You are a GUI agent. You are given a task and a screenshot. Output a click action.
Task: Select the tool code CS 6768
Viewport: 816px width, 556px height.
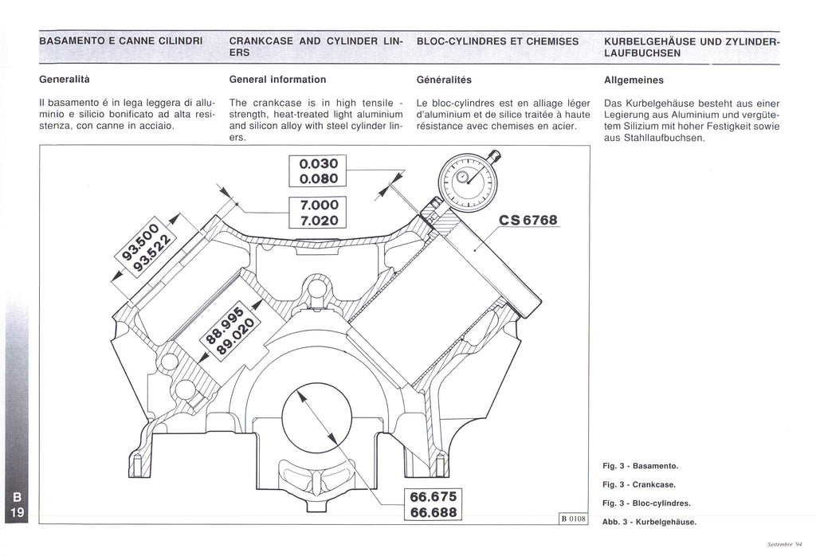point(528,221)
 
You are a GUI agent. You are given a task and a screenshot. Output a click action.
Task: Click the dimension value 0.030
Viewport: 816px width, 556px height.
point(318,164)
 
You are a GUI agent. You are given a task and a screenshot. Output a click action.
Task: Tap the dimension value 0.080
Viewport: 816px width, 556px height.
point(318,178)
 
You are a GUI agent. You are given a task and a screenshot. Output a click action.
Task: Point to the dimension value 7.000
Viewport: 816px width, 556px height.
point(318,204)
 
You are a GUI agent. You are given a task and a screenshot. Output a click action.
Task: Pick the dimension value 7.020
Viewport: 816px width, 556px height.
point(318,219)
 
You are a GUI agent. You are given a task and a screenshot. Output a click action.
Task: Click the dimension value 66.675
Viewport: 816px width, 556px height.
point(433,497)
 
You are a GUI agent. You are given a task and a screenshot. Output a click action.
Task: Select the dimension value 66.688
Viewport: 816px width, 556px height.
point(433,512)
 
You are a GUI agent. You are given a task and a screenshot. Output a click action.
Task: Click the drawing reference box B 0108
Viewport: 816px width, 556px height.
point(573,519)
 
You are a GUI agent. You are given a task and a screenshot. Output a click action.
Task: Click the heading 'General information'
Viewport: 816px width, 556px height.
point(277,80)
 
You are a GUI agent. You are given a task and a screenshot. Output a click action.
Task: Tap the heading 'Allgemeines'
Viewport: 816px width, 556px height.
point(634,80)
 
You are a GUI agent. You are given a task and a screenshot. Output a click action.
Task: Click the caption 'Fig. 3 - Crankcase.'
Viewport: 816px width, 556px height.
point(638,484)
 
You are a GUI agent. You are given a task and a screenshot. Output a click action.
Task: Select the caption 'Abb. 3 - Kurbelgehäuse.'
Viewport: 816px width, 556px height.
point(649,522)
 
